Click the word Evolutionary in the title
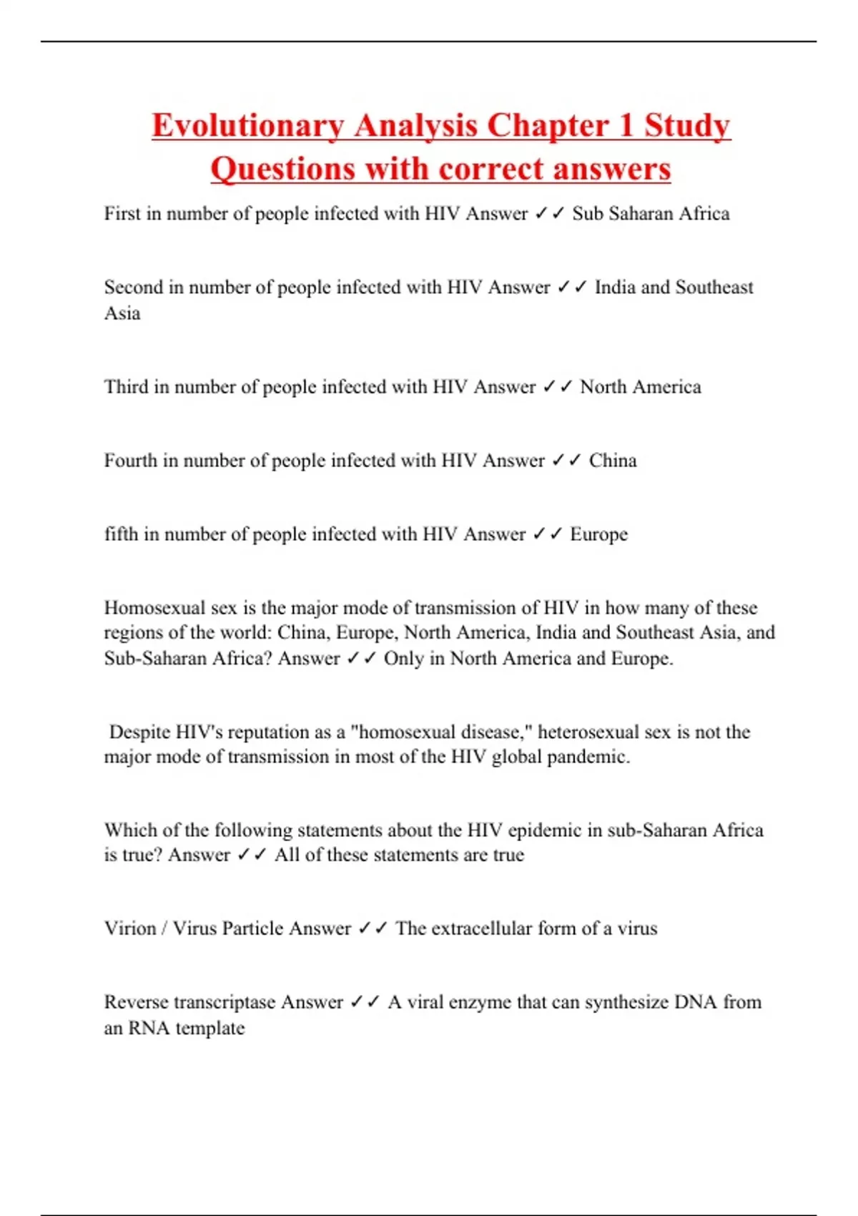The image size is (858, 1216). coord(243,126)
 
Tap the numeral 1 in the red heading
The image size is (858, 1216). coord(626,126)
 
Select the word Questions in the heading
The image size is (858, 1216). coord(282,170)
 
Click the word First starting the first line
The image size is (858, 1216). coord(122,213)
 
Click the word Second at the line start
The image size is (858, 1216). coord(134,287)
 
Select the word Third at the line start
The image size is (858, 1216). coord(126,386)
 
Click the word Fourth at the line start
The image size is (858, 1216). coord(130,460)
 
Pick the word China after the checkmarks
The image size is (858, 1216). coord(613,460)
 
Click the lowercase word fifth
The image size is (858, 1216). coord(121,534)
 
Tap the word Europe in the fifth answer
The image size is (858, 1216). coord(598,534)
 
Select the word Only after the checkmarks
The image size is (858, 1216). coord(404,658)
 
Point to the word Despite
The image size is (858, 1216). coord(139,732)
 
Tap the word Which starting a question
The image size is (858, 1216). coord(130,830)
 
